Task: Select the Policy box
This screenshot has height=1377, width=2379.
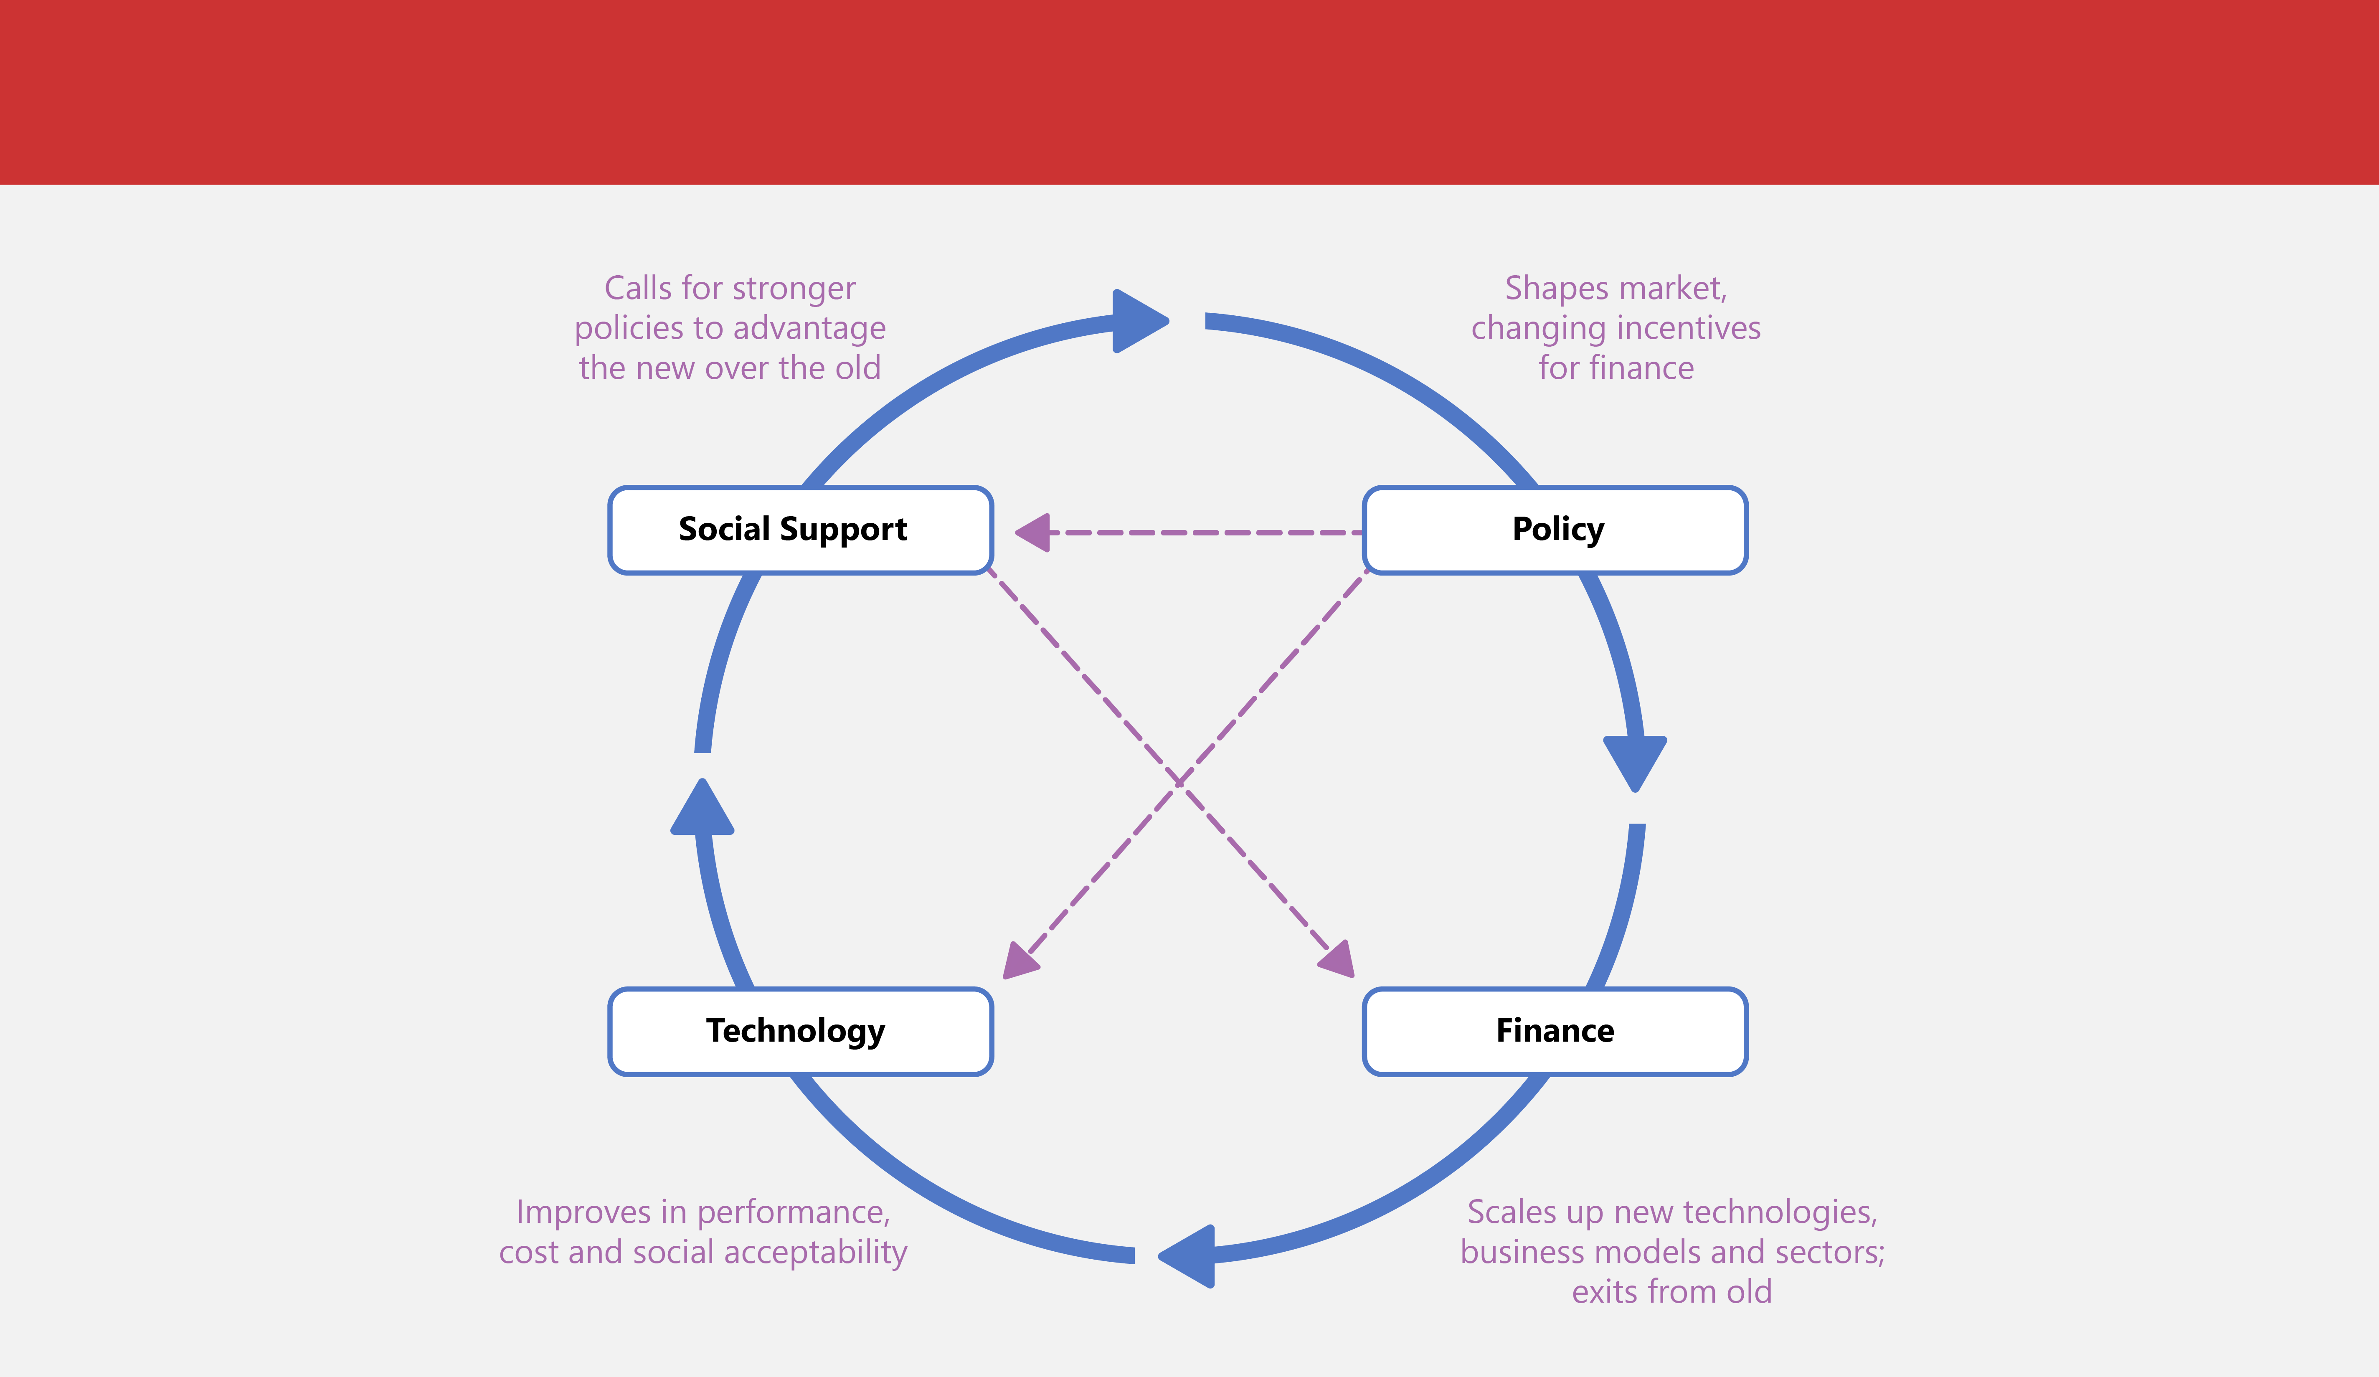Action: click(x=1555, y=530)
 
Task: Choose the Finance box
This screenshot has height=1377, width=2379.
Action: click(x=1555, y=1031)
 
